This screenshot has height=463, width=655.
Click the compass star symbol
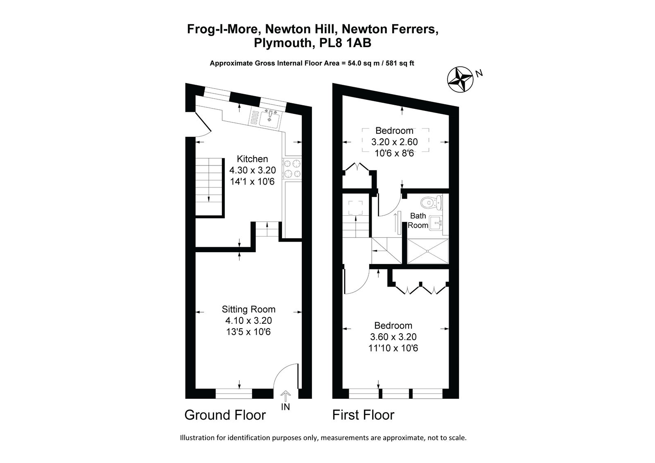click(x=460, y=79)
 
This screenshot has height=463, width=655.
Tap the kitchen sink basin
click(x=269, y=120)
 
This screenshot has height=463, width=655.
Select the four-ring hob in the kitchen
click(x=292, y=169)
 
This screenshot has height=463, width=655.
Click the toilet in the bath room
click(x=431, y=202)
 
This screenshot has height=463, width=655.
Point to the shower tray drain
click(x=427, y=251)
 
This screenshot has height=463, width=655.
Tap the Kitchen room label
click(x=252, y=159)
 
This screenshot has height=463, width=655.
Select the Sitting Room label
click(x=248, y=309)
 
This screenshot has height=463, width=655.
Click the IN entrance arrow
click(x=285, y=396)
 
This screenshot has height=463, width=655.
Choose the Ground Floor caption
click(x=225, y=415)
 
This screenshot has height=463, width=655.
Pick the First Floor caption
click(x=363, y=415)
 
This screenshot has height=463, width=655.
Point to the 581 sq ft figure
click(x=400, y=63)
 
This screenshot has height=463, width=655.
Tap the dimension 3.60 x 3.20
click(x=393, y=337)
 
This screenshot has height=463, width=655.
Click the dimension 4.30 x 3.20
click(x=253, y=170)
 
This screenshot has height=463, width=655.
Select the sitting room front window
click(x=234, y=394)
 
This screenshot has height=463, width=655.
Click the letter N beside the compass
click(x=479, y=74)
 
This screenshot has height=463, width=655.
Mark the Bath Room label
click(x=418, y=221)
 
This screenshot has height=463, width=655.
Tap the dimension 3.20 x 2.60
click(x=395, y=142)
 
